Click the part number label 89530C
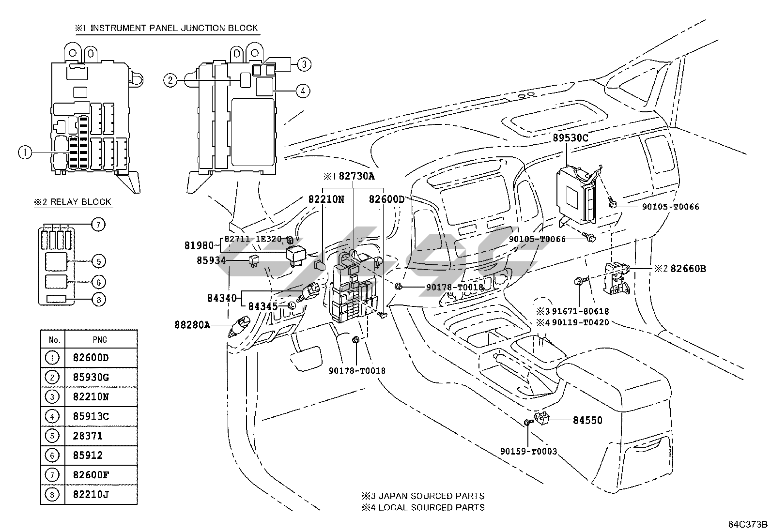571,138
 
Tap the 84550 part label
587,420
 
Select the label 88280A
192,325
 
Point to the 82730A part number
356,176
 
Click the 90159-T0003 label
528,452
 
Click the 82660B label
688,268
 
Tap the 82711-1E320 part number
253,239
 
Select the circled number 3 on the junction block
304,64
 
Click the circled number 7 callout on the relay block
98,225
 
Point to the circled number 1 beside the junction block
25,152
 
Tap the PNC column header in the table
100,340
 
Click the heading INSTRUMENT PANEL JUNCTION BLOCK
174,28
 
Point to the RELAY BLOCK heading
81,202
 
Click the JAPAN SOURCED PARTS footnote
432,496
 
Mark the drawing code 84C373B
748,524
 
